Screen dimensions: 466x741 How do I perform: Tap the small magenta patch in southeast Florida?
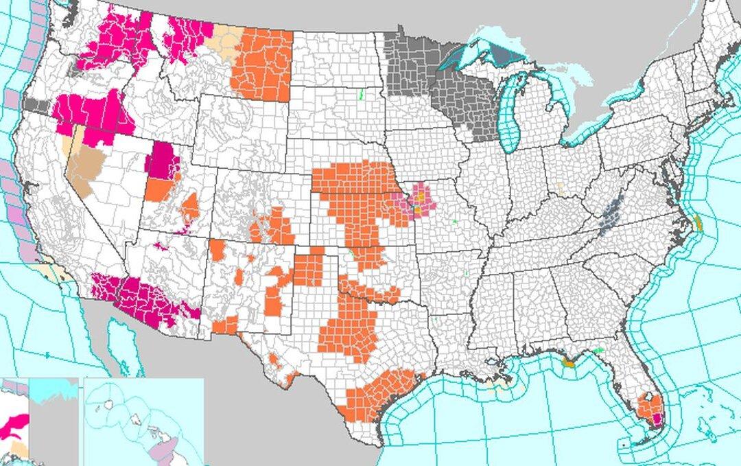[657, 417]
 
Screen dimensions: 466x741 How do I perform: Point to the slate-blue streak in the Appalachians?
[611, 216]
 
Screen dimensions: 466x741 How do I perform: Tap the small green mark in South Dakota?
[362, 94]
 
